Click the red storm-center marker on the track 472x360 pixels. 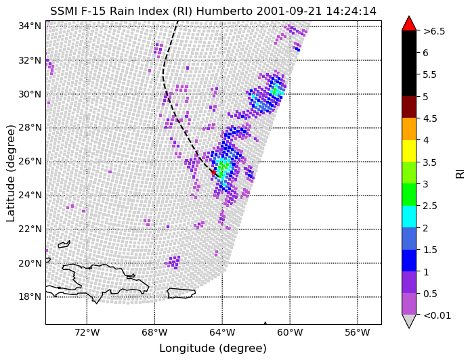click(x=214, y=173)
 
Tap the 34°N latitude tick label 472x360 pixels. click(x=30, y=26)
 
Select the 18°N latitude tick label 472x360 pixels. click(x=30, y=297)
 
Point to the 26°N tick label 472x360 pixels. click(x=30, y=162)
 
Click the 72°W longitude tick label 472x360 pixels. click(x=87, y=332)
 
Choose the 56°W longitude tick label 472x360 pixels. click(x=358, y=332)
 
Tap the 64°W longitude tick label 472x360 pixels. click(x=222, y=332)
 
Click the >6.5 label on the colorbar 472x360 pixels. click(x=434, y=31)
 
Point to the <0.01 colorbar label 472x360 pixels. click(x=437, y=315)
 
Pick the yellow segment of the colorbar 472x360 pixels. click(x=409, y=151)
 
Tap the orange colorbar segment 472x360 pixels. click(x=409, y=129)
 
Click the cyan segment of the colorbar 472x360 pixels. click(x=409, y=217)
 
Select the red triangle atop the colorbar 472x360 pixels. click(x=409, y=24)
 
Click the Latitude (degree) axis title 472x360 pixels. click(x=11, y=173)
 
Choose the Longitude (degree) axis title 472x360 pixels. click(x=213, y=348)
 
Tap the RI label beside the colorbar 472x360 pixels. click(x=460, y=173)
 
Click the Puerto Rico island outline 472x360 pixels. click(x=181, y=293)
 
